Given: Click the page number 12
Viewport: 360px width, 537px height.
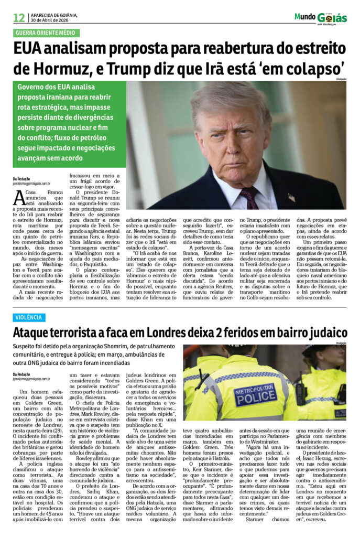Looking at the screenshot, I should [19, 18].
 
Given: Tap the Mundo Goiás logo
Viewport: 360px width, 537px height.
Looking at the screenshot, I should [320, 18].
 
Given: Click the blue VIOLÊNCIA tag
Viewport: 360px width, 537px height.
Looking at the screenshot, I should [29, 317].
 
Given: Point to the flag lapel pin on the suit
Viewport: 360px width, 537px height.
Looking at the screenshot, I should [291, 198].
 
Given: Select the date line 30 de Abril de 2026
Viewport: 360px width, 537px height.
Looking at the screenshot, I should [49, 20].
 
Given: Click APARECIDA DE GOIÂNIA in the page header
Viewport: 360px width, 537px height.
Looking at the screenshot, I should [53, 15].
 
